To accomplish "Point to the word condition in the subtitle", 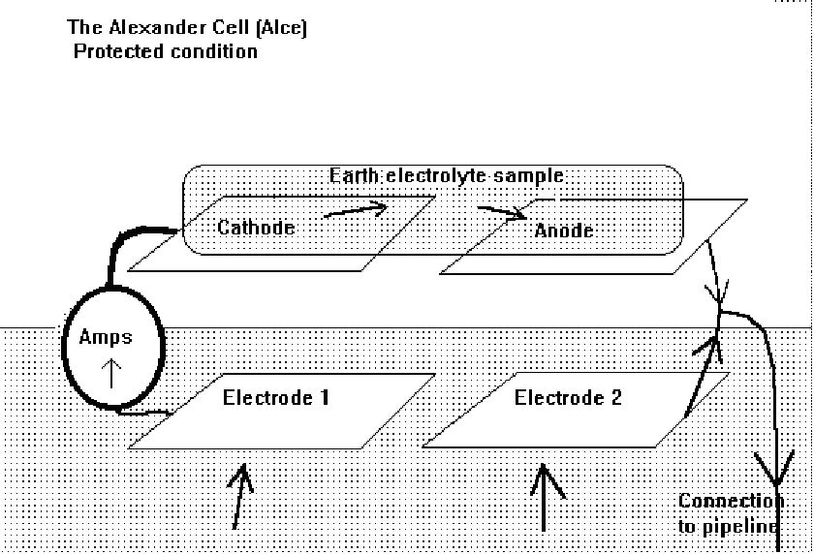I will [x=212, y=51].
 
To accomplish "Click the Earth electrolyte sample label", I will [x=447, y=176].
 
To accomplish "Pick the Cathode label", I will [x=256, y=229].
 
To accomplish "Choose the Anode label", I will [x=564, y=231].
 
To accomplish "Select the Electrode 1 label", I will [x=276, y=397].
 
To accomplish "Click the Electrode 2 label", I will [x=568, y=397].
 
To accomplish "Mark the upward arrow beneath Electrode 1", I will [x=241, y=495].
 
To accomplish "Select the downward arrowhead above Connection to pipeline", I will [x=774, y=475].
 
